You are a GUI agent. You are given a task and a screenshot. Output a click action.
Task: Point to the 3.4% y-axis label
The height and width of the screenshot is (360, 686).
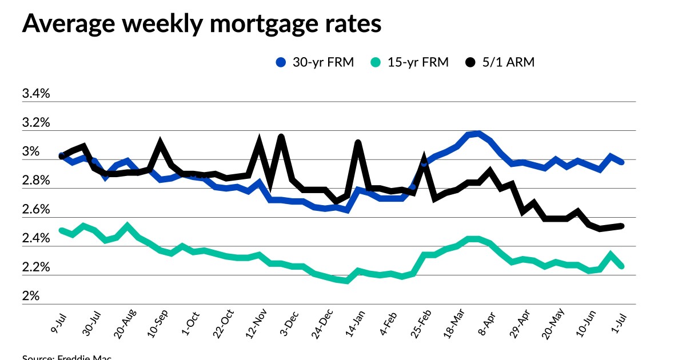pyautogui.click(x=36, y=94)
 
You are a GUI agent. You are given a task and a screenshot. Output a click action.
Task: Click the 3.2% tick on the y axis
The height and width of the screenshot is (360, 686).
pyautogui.click(x=36, y=123)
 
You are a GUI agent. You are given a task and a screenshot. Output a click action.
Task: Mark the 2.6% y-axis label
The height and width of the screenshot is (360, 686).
pyautogui.click(x=36, y=210)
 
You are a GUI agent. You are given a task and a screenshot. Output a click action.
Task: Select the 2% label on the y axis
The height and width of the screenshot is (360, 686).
pyautogui.click(x=31, y=297)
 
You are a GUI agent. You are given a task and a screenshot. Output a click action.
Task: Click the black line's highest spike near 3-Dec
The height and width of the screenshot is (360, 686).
pyautogui.click(x=281, y=137)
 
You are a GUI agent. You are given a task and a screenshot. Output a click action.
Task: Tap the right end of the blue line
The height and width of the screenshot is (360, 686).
pyautogui.click(x=621, y=162)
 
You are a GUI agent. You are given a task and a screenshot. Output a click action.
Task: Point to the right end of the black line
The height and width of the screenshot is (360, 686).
pyautogui.click(x=621, y=226)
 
